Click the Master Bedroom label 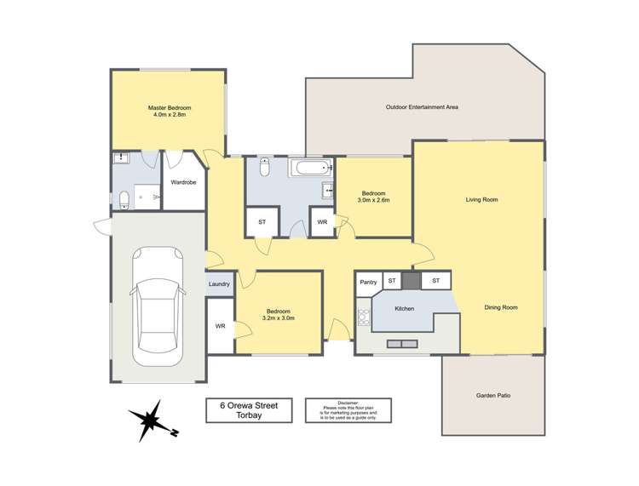point(170,108)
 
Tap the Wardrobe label point(183,182)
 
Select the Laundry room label point(219,284)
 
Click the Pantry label point(368,282)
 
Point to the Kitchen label point(405,308)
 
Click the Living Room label point(481,199)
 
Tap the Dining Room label point(501,307)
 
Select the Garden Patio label point(493,395)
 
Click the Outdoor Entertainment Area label point(422,107)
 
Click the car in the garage point(158,306)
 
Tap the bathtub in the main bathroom point(310,168)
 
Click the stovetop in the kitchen point(364,317)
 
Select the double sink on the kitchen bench point(402,344)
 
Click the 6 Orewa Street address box point(249,410)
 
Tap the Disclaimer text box point(348,410)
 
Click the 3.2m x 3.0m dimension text point(279,318)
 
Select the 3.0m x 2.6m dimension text point(374,200)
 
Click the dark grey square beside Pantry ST point(412,280)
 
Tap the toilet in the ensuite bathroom point(124,200)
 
